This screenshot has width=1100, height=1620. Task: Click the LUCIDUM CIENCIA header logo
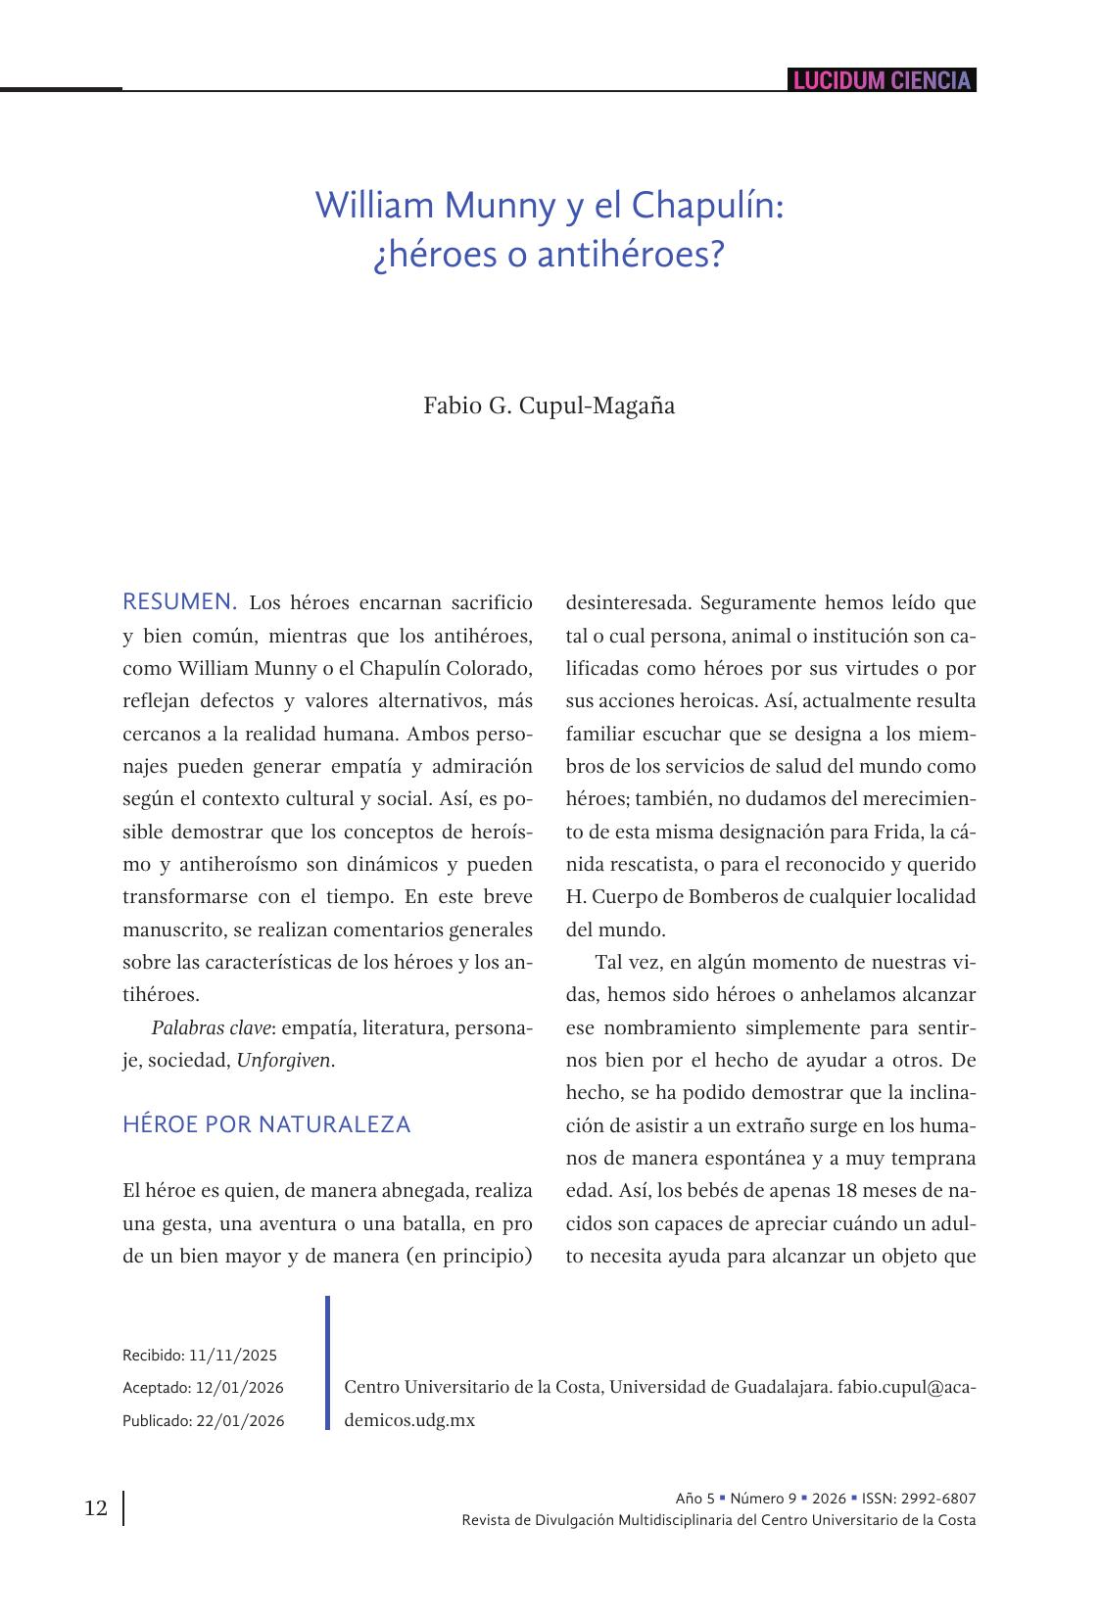click(x=882, y=80)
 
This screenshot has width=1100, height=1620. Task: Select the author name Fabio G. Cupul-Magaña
click(x=549, y=405)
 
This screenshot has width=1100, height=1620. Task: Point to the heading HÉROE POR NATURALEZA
click(x=266, y=1124)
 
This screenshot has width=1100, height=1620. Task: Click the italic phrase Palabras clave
click(x=211, y=1027)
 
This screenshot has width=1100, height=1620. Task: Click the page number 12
click(x=96, y=1507)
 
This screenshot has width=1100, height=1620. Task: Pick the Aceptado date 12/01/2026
click(x=239, y=1388)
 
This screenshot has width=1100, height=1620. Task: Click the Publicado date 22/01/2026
click(x=240, y=1421)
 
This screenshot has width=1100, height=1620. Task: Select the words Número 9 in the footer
click(x=763, y=1499)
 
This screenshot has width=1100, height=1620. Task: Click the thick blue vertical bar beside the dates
click(x=327, y=1362)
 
